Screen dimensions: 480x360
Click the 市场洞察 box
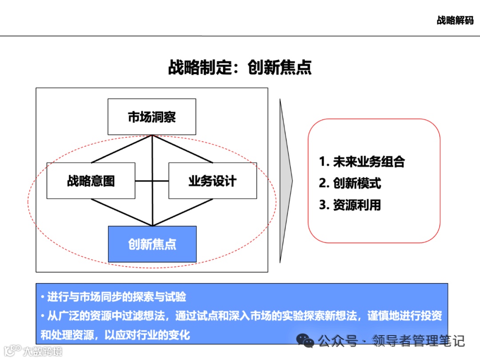(152, 117)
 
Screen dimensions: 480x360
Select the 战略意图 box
(91, 181)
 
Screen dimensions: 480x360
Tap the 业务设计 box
(212, 181)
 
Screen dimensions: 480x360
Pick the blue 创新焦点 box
(152, 244)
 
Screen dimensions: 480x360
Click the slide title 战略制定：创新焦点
(240, 68)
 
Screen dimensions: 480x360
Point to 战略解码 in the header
(455, 20)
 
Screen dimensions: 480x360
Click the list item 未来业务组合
(369, 162)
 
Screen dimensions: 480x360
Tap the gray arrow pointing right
(286, 180)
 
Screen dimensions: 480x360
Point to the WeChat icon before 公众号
(306, 341)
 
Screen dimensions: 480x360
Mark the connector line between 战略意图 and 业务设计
(152, 181)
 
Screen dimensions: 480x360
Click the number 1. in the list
(324, 162)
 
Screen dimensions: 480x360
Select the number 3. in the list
(324, 205)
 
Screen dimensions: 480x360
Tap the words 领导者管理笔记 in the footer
(419, 341)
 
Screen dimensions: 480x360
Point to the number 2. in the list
(324, 183)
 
